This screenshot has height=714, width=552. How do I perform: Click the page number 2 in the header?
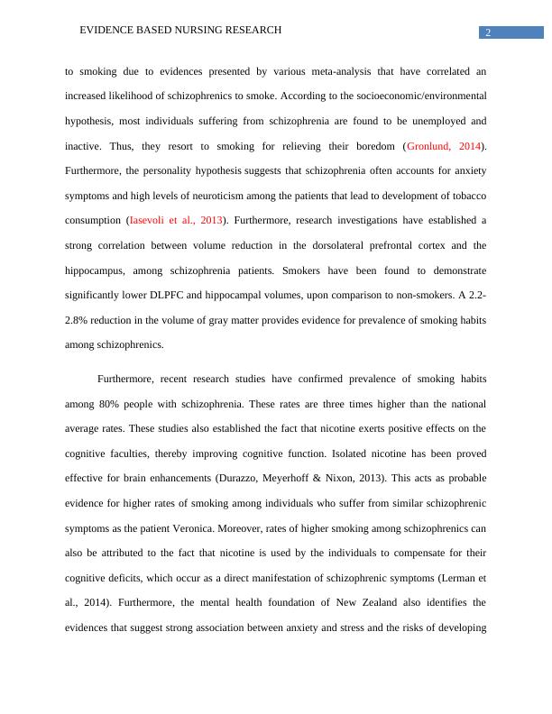click(488, 33)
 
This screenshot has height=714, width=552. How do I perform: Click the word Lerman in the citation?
click(450, 577)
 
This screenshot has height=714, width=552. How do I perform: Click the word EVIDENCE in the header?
click(108, 30)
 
